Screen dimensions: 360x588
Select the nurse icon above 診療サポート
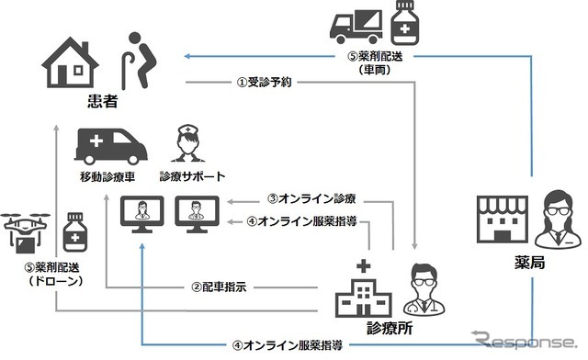pos(186,144)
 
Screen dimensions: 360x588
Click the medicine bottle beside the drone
pos(74,236)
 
